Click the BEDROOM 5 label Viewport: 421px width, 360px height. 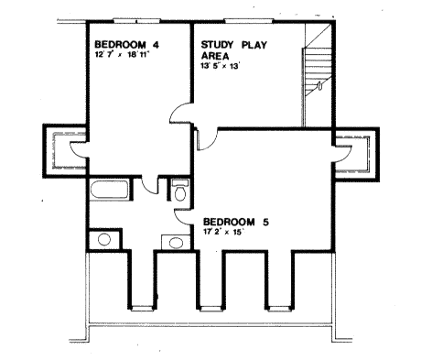pyautogui.click(x=234, y=222)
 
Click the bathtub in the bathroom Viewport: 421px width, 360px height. pyautogui.click(x=112, y=191)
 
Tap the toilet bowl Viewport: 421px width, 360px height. pyautogui.click(x=179, y=194)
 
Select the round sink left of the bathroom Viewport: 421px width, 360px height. pyautogui.click(x=103, y=240)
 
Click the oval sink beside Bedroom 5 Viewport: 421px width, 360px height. pyautogui.click(x=175, y=243)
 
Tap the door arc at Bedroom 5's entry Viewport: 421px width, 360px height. pyautogui.click(x=208, y=137)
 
